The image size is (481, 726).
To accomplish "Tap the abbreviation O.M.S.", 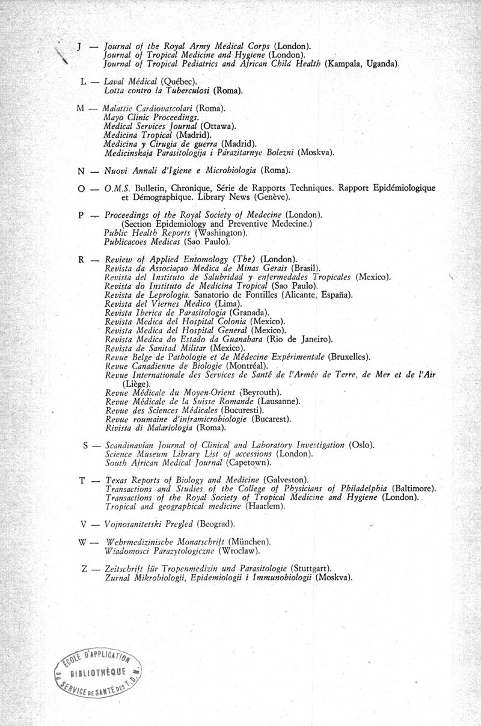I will coord(114,188).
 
